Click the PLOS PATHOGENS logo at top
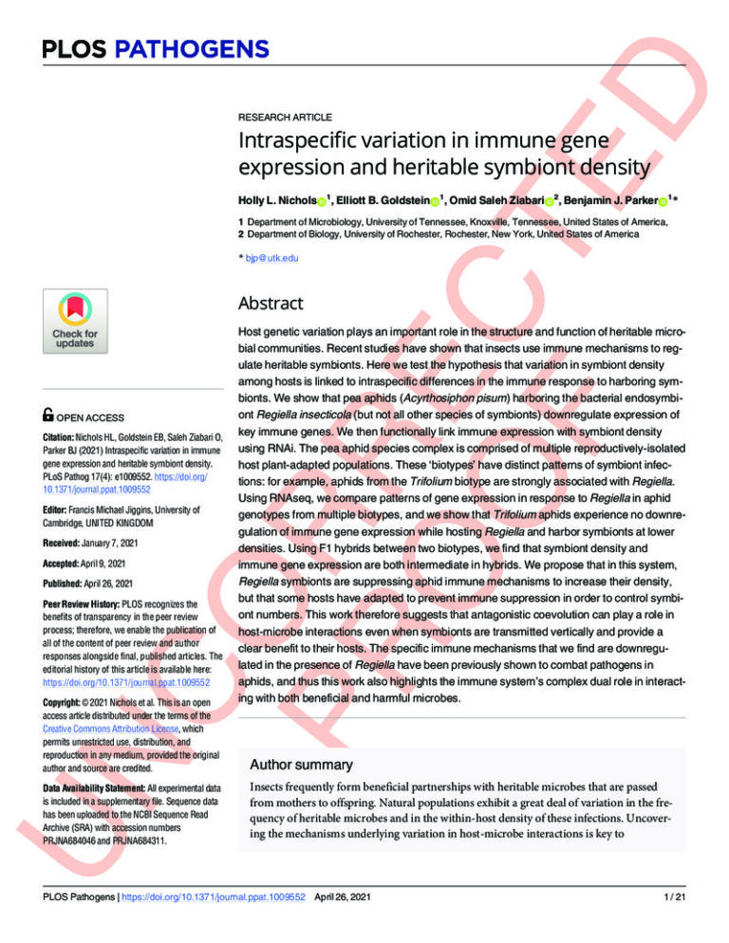156,48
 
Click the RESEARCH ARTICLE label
285,118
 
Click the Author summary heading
302,764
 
